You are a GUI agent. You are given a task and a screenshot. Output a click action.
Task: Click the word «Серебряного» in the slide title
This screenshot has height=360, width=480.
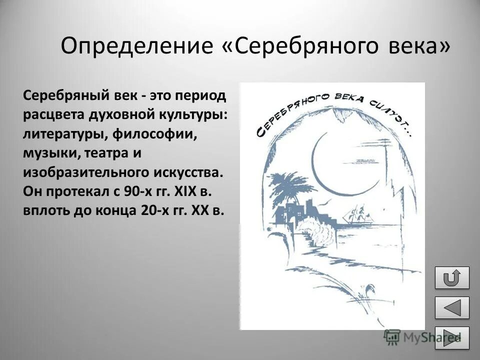299,46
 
